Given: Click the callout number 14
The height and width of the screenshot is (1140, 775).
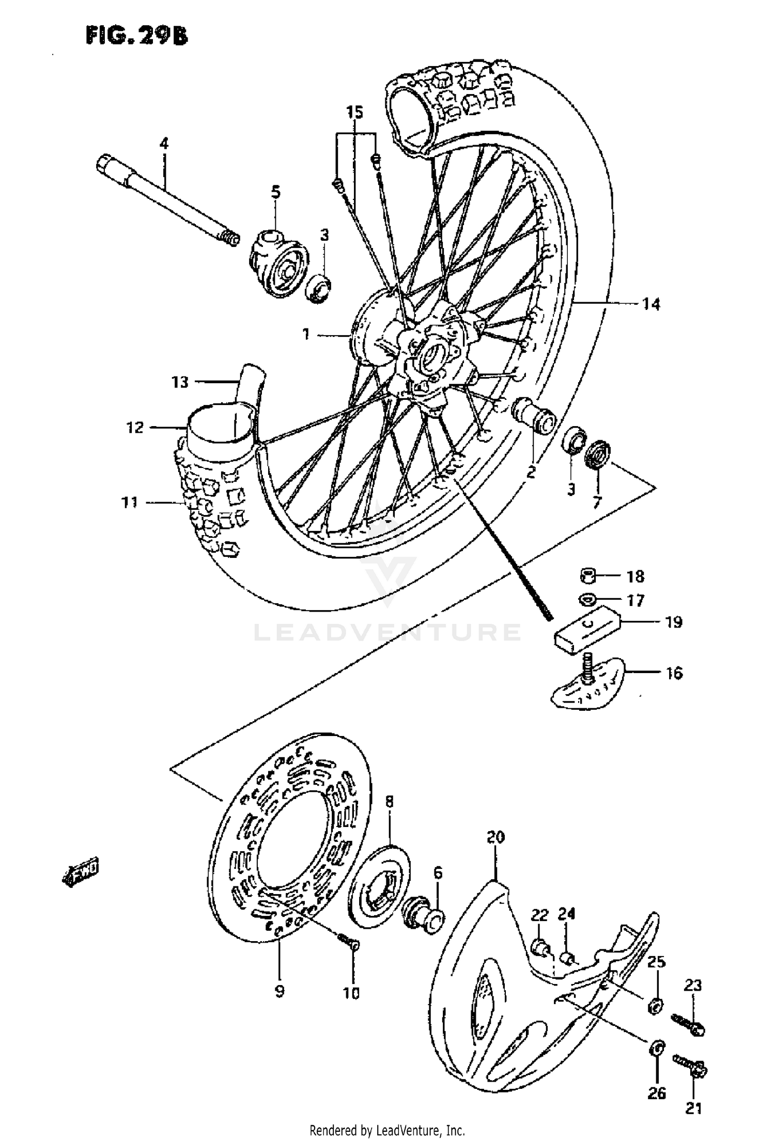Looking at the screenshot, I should (651, 304).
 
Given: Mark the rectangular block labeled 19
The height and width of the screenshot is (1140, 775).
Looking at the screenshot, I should (589, 633).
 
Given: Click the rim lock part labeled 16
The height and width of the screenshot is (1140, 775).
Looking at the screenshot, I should (589, 684).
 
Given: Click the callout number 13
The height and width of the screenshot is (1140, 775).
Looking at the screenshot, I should (180, 382).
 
